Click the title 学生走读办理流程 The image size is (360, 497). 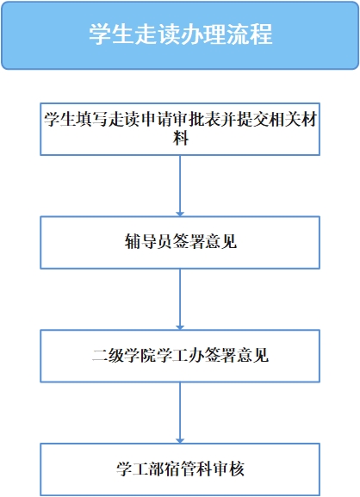(180, 34)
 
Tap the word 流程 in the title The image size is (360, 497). (250, 34)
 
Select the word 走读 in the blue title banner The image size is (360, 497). (158, 34)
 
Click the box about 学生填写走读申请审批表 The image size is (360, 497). (180, 129)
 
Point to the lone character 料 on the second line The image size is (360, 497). (180, 139)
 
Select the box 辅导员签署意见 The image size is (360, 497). (180, 243)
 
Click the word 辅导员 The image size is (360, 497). (148, 241)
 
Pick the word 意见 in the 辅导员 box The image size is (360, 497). (220, 241)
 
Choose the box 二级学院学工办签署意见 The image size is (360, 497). (180, 356)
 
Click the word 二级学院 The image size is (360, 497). (124, 355)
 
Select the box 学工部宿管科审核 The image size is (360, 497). (180, 469)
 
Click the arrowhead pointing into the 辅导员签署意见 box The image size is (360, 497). (180, 214)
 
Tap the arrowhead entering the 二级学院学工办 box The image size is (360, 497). (180, 327)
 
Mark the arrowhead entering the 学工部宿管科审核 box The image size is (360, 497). (180, 441)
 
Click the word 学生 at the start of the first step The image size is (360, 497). (59, 120)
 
